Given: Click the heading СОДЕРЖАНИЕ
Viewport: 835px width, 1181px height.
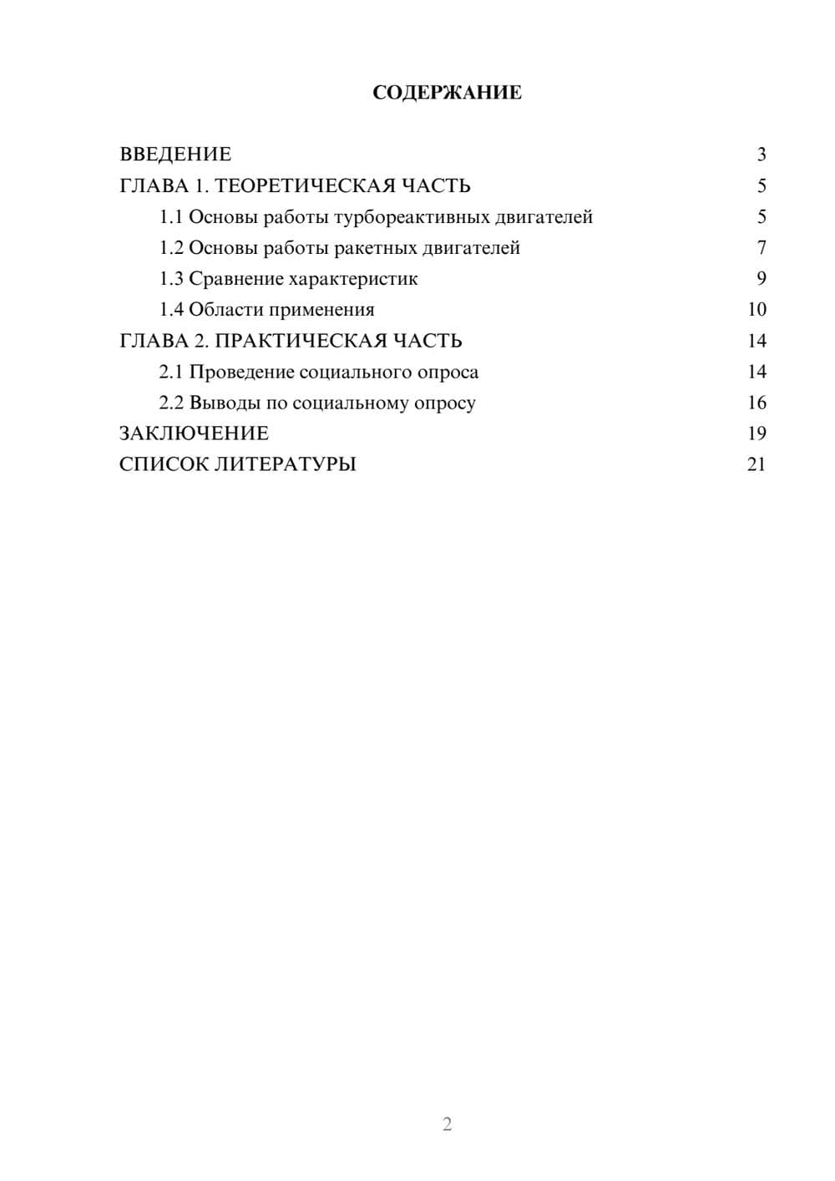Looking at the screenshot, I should pos(447,93).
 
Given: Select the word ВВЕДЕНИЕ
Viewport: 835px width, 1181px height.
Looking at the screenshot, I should pos(175,155).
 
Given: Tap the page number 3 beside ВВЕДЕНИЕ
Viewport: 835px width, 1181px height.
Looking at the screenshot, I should pos(761,155).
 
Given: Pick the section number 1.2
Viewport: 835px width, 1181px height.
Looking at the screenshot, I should pos(171,248).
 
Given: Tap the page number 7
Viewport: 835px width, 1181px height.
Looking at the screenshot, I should pos(761,248).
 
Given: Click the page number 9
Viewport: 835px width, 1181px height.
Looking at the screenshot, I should pos(761,279).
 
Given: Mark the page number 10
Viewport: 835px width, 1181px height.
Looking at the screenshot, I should pos(757,310).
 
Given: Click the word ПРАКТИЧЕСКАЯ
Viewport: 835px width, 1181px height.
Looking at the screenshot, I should pos(301,341).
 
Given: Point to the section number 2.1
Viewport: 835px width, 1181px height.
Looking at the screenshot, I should pos(171,372).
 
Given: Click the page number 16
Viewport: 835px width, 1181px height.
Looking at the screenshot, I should pos(757,403).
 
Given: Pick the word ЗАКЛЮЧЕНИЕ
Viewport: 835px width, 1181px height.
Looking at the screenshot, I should pos(194,433).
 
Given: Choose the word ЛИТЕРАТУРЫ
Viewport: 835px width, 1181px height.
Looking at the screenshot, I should pos(286,464).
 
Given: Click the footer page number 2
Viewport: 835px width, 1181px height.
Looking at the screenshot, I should pos(447,1124).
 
